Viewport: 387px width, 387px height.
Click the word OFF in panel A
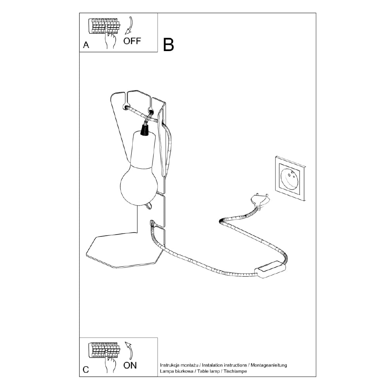[132, 41]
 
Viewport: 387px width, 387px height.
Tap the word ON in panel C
[130, 365]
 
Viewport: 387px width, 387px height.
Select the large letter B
[169, 45]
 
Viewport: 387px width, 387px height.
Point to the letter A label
[86, 45]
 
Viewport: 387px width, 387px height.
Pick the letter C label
[86, 370]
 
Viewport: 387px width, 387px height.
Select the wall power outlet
[290, 178]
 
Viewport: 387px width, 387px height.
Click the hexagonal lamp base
[125, 250]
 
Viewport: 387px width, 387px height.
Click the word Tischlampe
[235, 371]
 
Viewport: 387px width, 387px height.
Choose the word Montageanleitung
[269, 365]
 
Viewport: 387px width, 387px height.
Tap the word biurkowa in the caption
[183, 371]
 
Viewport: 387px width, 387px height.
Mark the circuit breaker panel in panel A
[104, 26]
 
